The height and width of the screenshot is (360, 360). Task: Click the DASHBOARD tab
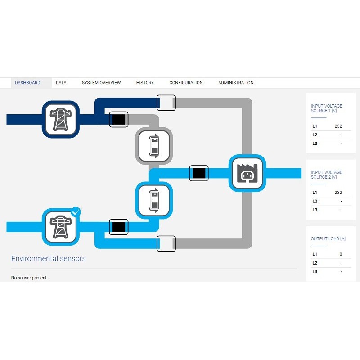27,83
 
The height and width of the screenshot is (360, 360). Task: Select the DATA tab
61,83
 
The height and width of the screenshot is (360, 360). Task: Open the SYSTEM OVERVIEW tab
101,83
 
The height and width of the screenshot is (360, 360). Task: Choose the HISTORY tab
145,83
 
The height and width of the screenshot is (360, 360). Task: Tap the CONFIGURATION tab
186,83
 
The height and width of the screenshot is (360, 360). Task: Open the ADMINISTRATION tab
236,83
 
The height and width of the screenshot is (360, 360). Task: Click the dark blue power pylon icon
61,119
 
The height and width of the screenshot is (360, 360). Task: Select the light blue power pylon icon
60,227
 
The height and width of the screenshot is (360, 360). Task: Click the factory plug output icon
247,173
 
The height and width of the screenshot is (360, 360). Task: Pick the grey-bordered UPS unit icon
154,146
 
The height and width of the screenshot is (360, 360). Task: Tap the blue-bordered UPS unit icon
154,200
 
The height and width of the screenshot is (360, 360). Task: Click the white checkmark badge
76,211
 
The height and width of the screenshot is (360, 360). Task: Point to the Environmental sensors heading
49,258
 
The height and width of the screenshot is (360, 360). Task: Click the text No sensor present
29,278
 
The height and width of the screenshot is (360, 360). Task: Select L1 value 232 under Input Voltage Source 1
338,126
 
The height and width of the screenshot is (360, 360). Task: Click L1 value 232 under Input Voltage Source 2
338,193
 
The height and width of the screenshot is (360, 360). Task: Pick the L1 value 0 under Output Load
341,254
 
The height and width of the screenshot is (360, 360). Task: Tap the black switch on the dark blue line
119,119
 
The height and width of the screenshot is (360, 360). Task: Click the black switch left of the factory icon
199,173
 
